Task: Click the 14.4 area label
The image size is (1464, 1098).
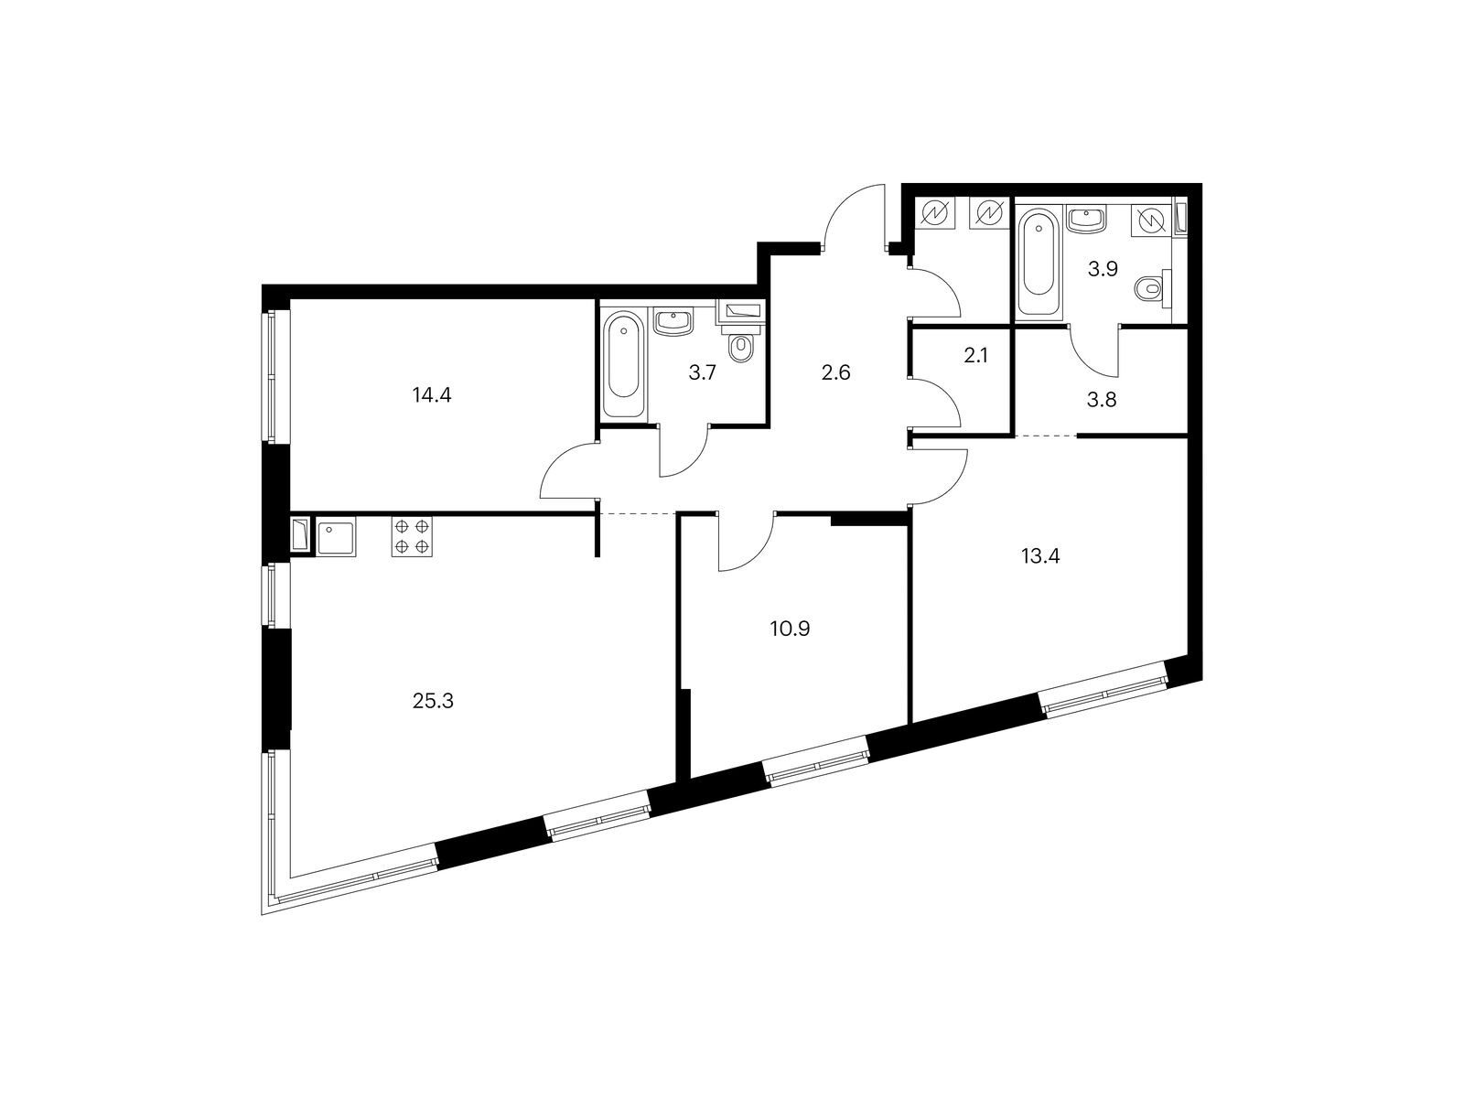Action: [434, 395]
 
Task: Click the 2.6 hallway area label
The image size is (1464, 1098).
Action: [836, 372]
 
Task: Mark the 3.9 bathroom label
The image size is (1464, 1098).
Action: [1103, 269]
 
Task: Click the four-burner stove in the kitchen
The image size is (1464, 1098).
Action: [412, 537]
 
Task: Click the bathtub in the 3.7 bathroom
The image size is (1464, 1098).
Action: [624, 366]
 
